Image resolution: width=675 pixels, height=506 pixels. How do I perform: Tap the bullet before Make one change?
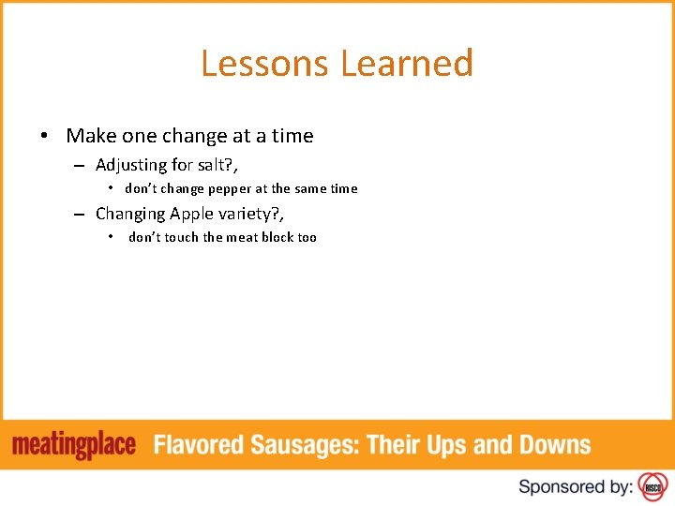[x=44, y=136]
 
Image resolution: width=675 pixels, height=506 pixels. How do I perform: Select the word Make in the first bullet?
[x=89, y=136]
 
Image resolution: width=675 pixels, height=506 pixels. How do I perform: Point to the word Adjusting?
[x=130, y=165]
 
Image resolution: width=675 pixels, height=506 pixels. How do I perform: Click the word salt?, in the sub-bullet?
[x=217, y=165]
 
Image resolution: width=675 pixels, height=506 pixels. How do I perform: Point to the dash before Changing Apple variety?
[x=82, y=215]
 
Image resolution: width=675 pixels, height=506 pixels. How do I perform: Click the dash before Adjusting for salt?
[x=82, y=166]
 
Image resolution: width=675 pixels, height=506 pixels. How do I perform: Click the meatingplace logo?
[x=74, y=445]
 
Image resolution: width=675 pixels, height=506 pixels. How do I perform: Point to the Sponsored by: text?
[x=576, y=486]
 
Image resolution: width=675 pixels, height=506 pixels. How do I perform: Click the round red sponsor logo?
[x=652, y=486]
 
